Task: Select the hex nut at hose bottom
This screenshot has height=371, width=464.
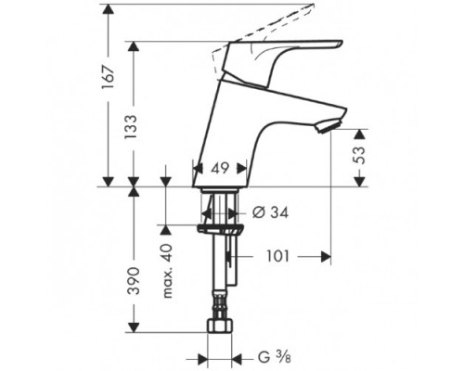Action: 221,327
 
